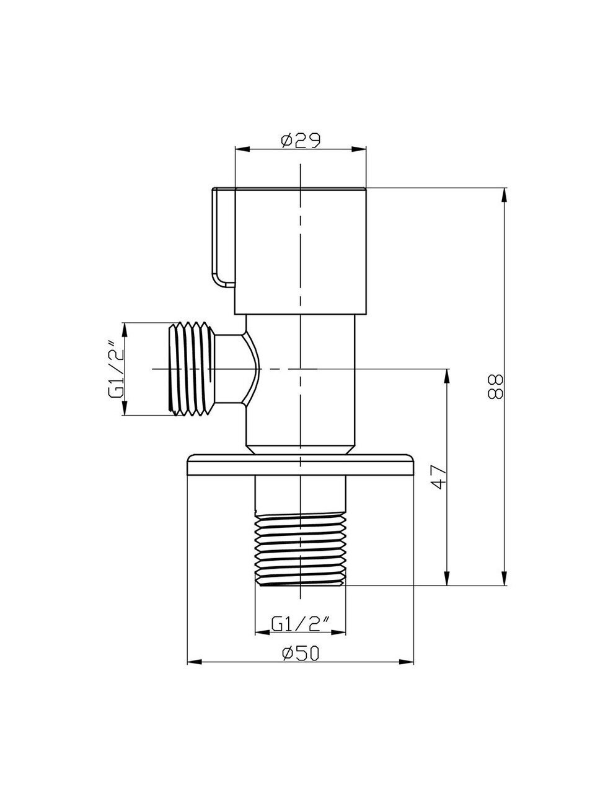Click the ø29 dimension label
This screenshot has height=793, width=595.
pyautogui.click(x=301, y=140)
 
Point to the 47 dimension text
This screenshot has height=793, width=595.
pyautogui.click(x=439, y=476)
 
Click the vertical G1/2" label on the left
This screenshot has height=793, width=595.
pyautogui.click(x=117, y=369)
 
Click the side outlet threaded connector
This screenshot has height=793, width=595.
pyautogui.click(x=192, y=369)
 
